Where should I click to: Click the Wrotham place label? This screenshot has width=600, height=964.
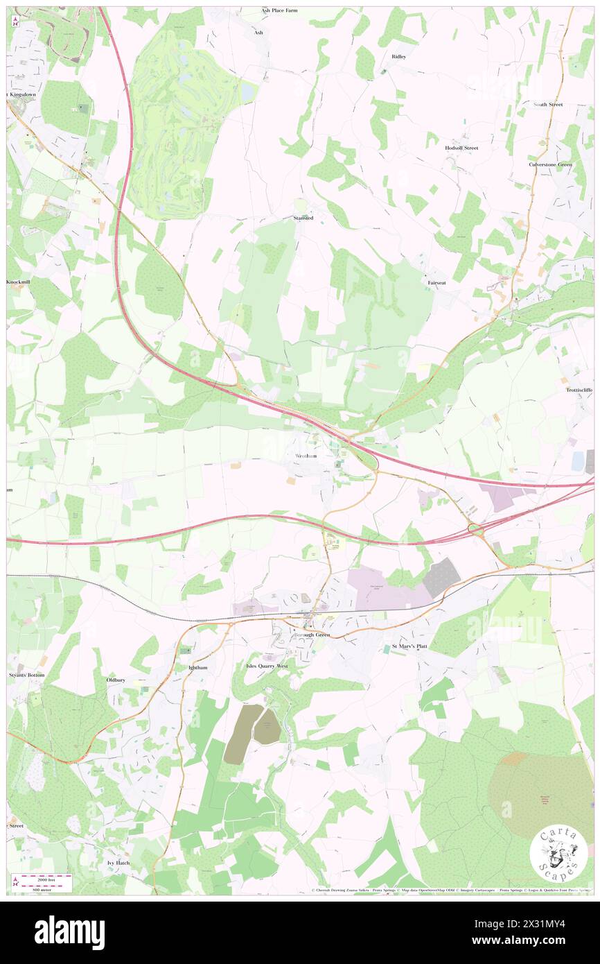click(x=306, y=456)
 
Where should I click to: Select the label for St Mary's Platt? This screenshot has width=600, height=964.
click(x=410, y=646)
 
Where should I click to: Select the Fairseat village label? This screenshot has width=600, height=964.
click(x=436, y=283)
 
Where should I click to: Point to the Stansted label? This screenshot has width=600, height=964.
click(x=302, y=218)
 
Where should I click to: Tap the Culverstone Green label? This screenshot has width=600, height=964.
click(x=550, y=164)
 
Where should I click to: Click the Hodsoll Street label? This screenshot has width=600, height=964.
click(x=461, y=148)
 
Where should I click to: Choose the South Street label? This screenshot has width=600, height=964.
click(x=547, y=104)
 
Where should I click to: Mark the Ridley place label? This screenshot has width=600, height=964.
click(x=398, y=56)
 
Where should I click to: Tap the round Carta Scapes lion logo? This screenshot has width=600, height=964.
click(x=558, y=855)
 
